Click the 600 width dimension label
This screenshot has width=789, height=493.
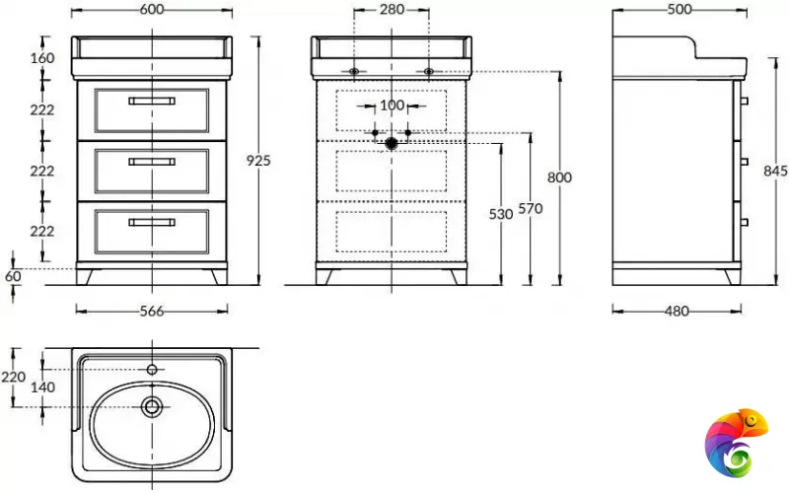coord(152,9)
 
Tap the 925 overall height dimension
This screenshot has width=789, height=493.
coord(258,161)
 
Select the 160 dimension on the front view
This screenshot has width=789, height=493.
coord(42,58)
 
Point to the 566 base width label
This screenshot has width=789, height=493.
coord(152,312)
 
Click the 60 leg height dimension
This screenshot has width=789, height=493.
coord(13,276)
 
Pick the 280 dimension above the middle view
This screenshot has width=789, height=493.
coord(392,9)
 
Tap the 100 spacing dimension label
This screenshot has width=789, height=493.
coord(392,106)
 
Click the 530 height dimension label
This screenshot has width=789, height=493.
coord(501,214)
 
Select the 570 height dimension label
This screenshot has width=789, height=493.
coord(531,208)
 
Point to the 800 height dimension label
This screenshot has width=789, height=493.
coord(559,177)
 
